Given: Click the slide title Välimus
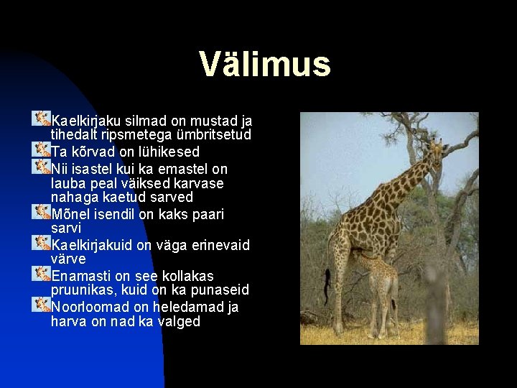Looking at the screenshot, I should pyautogui.click(x=265, y=64).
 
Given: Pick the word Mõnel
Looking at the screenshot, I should pyautogui.click(x=70, y=214).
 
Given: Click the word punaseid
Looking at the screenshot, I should pyautogui.click(x=216, y=290).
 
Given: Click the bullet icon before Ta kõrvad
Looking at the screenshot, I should pyautogui.click(x=41, y=149).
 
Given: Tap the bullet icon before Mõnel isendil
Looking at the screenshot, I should pyautogui.click(x=41, y=211).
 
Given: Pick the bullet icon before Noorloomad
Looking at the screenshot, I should pyautogui.click(x=41, y=304).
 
